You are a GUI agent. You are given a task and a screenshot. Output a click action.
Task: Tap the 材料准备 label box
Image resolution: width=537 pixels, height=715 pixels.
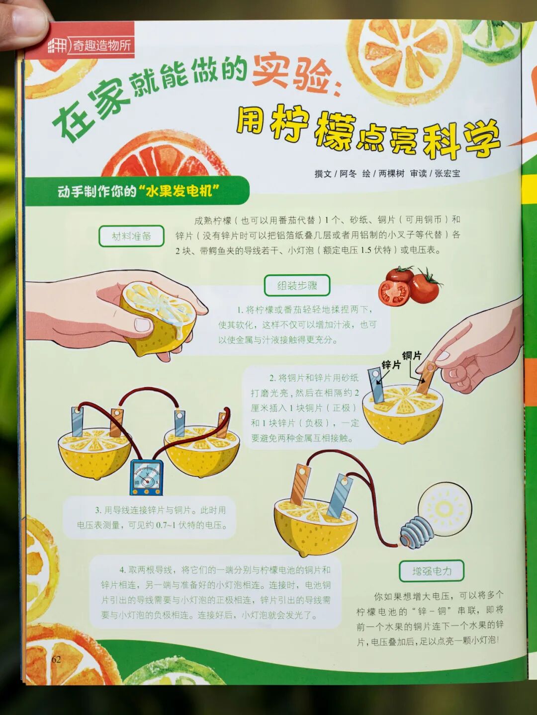click(131, 236)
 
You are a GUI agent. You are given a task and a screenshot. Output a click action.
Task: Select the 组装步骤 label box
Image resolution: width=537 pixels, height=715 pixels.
click(297, 286)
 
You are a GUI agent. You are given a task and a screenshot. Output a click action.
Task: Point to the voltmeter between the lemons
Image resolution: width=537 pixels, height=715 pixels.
click(147, 477)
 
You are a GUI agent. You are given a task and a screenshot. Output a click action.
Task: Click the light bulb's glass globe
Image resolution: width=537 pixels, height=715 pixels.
click(445, 508)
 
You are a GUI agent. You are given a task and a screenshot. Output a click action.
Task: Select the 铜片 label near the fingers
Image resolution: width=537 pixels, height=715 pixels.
click(412, 356)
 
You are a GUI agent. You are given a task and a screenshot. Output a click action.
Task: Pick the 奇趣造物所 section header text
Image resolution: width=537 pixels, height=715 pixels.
click(101, 46)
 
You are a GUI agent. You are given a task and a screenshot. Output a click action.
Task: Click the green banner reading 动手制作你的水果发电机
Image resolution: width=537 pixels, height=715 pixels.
click(137, 191)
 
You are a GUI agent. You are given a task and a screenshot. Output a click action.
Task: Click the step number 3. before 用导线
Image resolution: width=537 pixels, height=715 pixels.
click(98, 510)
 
